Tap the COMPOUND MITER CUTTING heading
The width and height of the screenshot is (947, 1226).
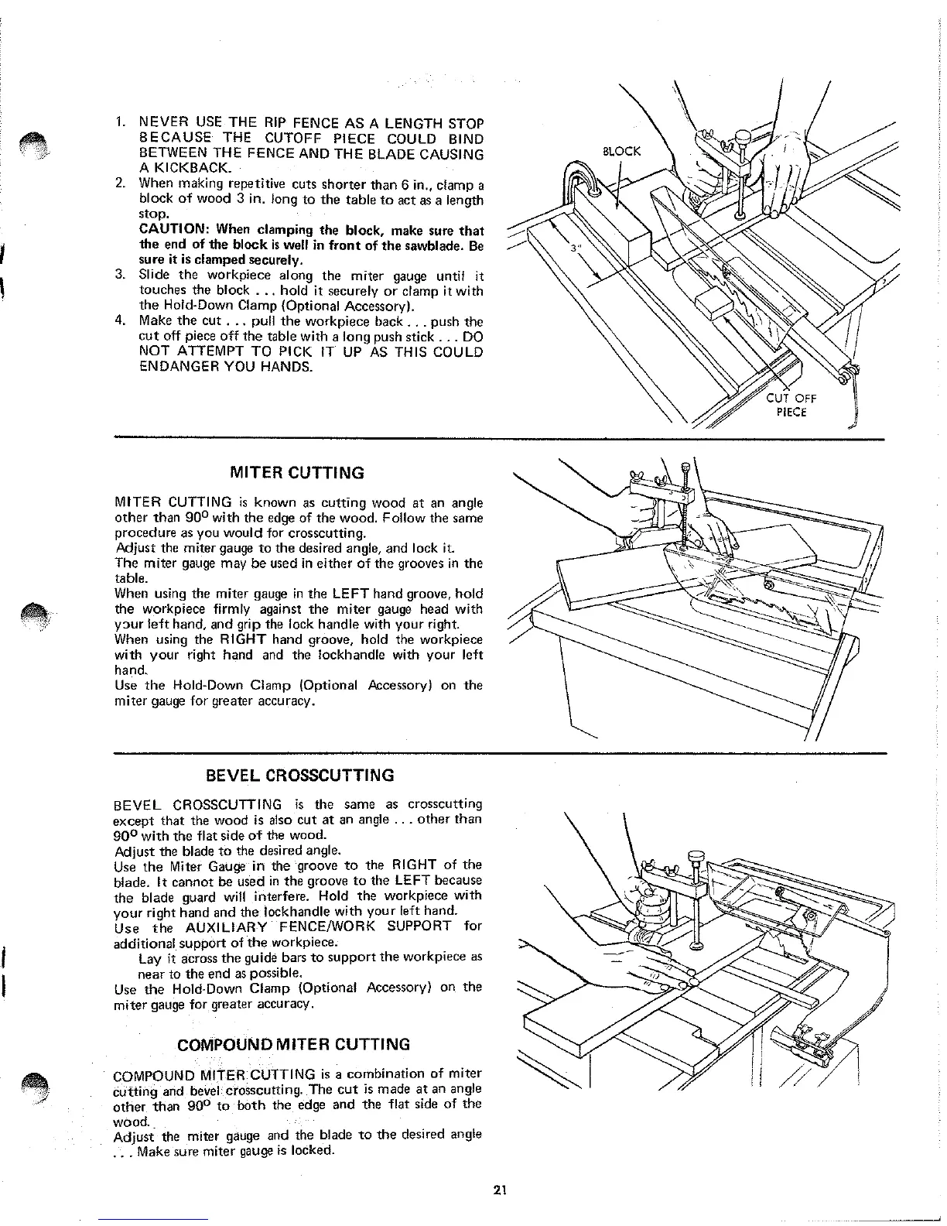pyautogui.click(x=294, y=1044)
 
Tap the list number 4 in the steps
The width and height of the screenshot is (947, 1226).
pyautogui.click(x=120, y=321)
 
